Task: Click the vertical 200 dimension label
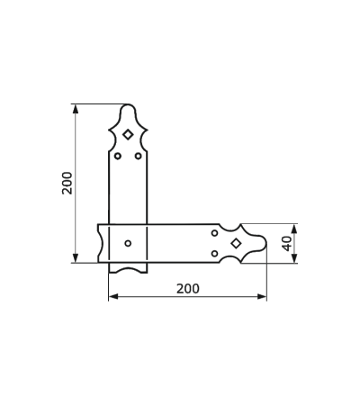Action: tap(67, 183)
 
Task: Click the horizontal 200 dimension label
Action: tap(188, 289)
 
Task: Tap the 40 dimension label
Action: tap(287, 243)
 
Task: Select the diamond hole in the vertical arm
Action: tap(128, 134)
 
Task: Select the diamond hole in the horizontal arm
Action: tap(237, 243)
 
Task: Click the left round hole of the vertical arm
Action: tap(118, 156)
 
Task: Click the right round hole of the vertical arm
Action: tap(138, 156)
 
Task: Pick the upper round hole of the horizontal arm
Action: tap(214, 233)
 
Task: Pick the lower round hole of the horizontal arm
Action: tap(214, 254)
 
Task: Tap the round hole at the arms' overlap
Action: tap(128, 243)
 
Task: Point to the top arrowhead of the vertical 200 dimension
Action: tap(76, 109)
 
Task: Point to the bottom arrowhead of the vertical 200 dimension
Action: tap(76, 258)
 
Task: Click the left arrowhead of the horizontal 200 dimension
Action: tap(113, 297)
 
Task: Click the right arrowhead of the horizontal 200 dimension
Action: tap(262, 297)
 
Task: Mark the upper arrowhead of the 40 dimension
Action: tap(294, 229)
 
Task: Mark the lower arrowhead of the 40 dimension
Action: tap(294, 258)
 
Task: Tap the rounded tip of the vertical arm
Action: tap(128, 104)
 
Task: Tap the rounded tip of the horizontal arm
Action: tap(266, 243)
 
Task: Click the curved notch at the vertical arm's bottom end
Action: tap(128, 268)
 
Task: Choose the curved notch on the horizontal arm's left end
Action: tap(101, 243)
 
